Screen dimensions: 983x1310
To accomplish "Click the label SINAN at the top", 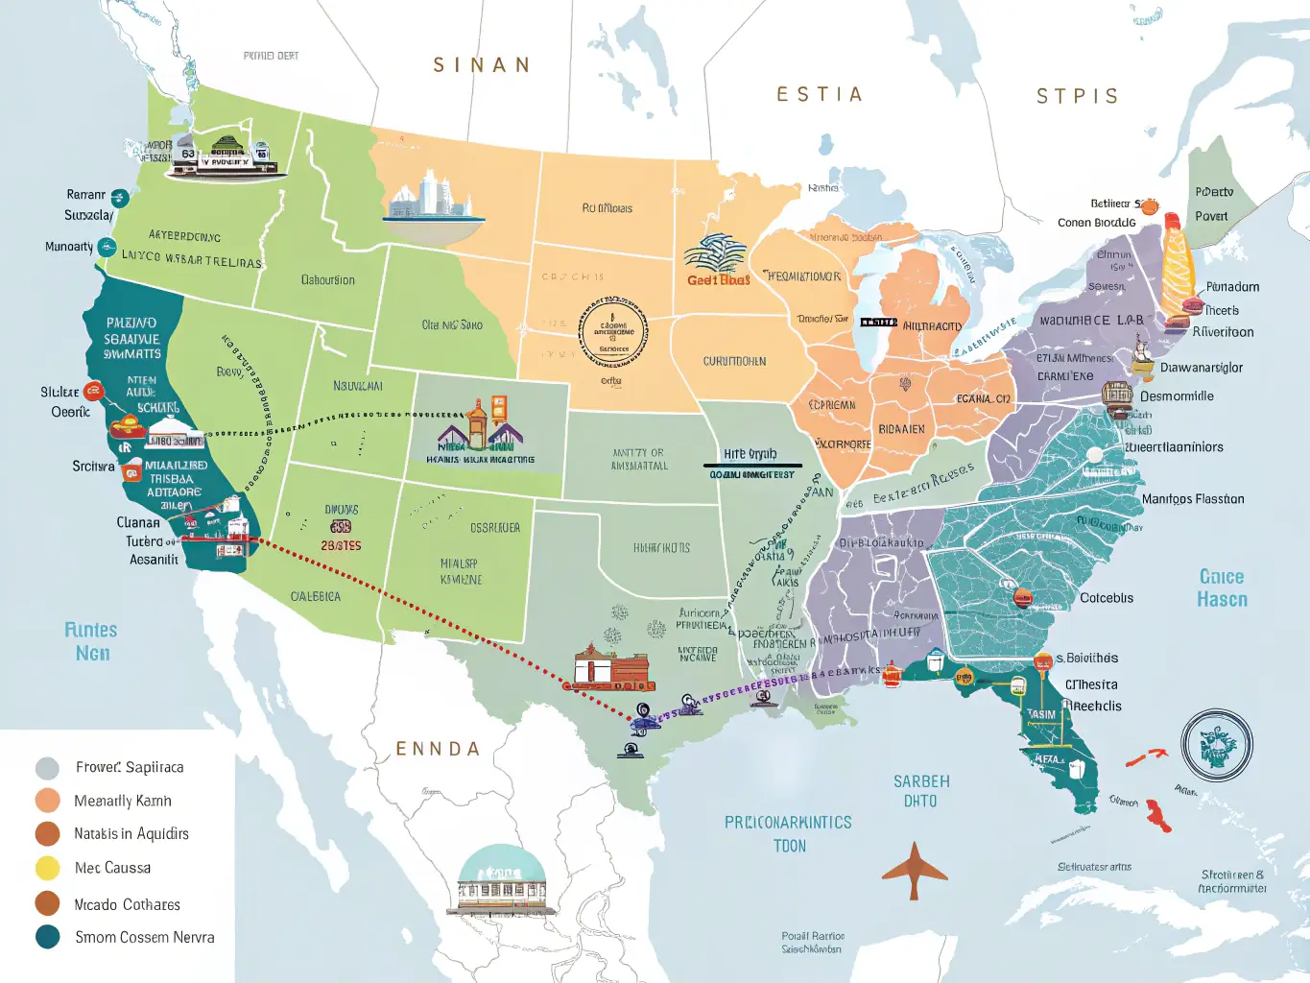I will (481, 65).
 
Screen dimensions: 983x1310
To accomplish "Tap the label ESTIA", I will (819, 94).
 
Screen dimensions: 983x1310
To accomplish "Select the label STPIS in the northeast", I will (1077, 96).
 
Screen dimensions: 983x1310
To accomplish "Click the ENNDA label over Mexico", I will (438, 749).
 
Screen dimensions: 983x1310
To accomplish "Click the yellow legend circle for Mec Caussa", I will (48, 868).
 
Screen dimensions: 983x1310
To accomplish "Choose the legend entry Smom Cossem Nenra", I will (144, 937).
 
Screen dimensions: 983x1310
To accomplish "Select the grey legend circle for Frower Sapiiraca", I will (47, 768).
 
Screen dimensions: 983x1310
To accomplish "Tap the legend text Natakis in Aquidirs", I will (131, 833).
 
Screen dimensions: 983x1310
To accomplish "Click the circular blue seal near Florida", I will (1217, 745).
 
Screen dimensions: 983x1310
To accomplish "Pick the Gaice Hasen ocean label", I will (1222, 587).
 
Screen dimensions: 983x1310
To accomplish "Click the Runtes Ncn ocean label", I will (92, 641).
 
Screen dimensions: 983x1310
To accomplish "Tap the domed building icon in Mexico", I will (501, 881).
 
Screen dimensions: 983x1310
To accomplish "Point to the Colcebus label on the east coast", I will (1107, 598).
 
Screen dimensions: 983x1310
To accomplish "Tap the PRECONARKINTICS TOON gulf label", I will (788, 833).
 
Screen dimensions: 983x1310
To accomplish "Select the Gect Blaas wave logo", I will (717, 261).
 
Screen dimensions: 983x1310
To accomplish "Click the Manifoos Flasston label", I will (1193, 499).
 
